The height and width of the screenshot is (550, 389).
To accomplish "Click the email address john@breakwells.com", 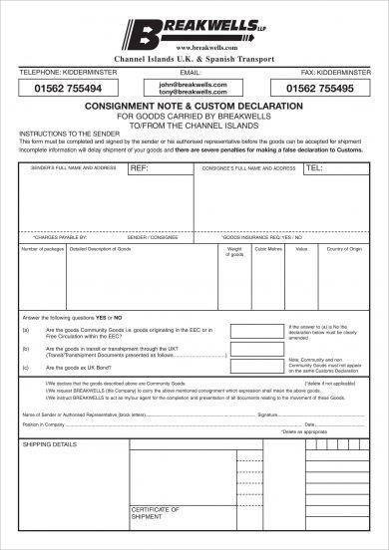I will tap(194, 85).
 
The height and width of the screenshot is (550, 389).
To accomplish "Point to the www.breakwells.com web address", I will tap(194, 48).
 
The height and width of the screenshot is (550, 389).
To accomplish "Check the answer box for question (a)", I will tap(254, 330).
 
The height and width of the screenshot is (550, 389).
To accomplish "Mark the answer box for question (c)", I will tap(254, 369).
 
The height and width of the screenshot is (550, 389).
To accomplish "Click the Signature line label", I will tap(267, 412).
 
